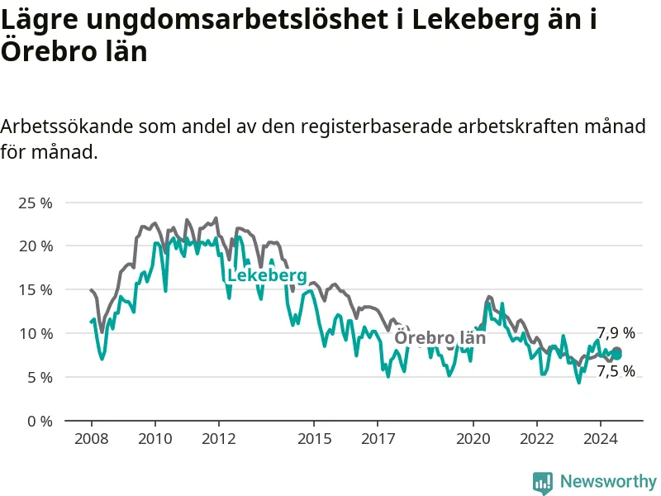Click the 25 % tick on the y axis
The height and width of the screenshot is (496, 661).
pos(36,203)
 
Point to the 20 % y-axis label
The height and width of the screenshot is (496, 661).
pos(36,246)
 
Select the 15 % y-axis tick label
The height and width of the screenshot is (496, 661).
pos(36,290)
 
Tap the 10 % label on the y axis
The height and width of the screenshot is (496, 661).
pos(36,334)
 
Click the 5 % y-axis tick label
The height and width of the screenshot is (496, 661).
pos(40,378)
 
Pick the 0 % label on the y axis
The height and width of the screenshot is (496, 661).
pos(40,422)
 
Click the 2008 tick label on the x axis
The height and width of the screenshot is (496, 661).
pos(92,439)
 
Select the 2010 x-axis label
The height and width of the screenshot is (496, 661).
pos(155,439)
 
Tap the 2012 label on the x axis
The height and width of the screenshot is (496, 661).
pos(219,439)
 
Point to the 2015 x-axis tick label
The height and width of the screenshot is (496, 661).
pos(315,439)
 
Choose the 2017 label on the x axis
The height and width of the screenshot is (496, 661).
pos(378,439)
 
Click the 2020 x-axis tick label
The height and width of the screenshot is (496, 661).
pos(473,439)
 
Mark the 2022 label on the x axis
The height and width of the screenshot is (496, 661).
pos(537,439)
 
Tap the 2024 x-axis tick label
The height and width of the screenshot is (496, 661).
pos(601,439)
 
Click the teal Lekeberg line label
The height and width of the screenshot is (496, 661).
pos(267,276)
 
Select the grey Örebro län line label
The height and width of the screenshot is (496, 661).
pos(440,337)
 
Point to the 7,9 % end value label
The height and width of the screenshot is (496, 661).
pos(616,333)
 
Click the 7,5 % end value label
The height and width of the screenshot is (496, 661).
pos(616,371)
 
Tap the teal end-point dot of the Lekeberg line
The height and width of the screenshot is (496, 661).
pos(616,355)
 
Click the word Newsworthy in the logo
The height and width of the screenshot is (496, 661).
pos(608,481)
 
